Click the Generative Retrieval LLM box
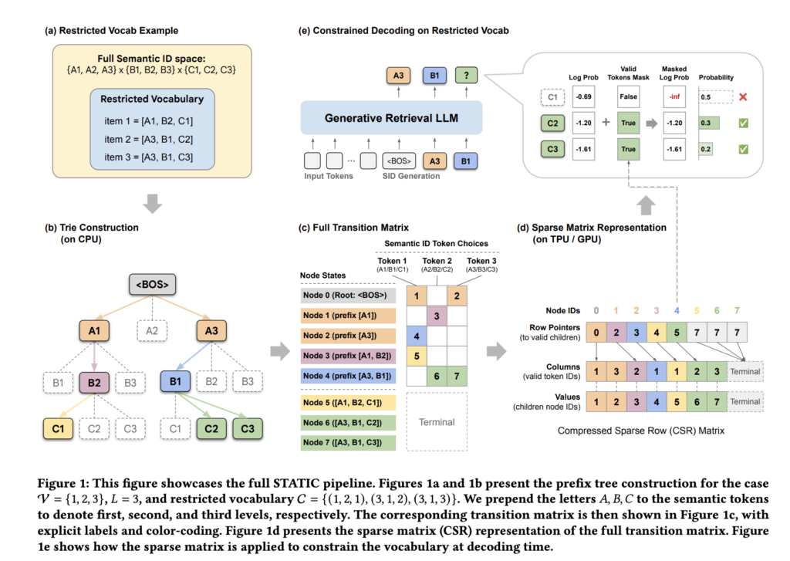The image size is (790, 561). (x=391, y=119)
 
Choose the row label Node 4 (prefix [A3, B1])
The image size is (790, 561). (x=349, y=375)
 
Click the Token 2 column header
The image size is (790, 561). (x=437, y=265)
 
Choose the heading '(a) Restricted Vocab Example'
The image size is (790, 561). (x=112, y=31)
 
